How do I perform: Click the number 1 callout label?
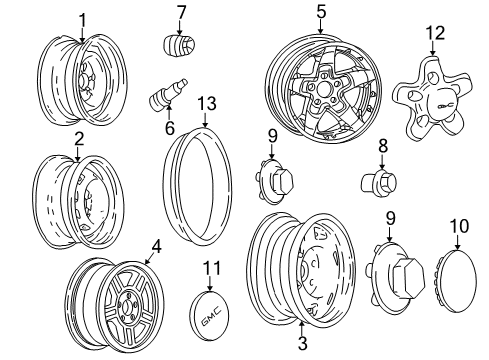tap(83, 17)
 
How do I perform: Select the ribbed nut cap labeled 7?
tap(177, 46)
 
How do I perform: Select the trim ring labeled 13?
tap(201, 186)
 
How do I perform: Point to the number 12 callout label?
tap(433, 34)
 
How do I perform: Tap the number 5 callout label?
tap(321, 13)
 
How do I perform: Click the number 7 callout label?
tap(181, 12)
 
